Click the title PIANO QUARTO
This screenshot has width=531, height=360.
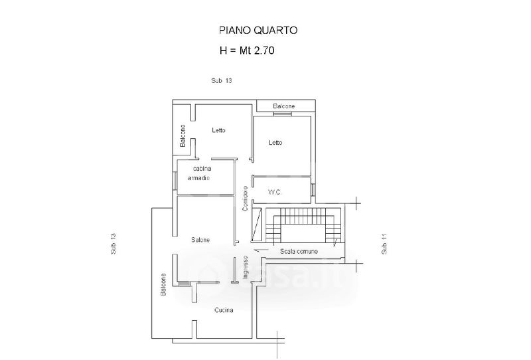[x=258, y=30]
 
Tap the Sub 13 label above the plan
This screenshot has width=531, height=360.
[x=221, y=81]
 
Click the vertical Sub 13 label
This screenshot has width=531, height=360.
[x=113, y=245]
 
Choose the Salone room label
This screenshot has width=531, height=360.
[x=201, y=240]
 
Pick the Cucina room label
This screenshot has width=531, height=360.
[x=224, y=310]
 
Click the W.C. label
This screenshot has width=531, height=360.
[x=275, y=193]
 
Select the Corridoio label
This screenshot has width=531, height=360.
[x=245, y=199]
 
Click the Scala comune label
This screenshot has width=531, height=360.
[x=299, y=251]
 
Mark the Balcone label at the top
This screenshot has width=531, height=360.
[x=283, y=106]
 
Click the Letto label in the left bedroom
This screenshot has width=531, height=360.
[x=218, y=130]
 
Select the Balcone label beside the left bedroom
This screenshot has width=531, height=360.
[x=183, y=137]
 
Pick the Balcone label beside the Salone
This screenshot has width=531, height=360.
[x=163, y=286]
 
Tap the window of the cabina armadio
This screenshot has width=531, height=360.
[x=175, y=179]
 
